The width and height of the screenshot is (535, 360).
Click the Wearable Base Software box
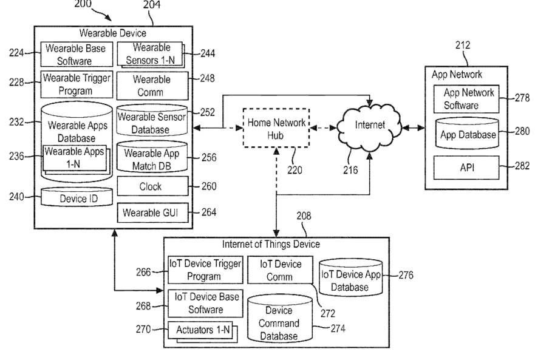tap(77, 54)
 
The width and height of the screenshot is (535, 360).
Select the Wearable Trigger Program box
tap(77, 85)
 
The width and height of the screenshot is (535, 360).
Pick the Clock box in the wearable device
tap(151, 187)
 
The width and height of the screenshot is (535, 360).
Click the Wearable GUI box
tap(151, 212)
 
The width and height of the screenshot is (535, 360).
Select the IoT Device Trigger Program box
tap(205, 269)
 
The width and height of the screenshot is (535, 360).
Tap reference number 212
tap(462, 45)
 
